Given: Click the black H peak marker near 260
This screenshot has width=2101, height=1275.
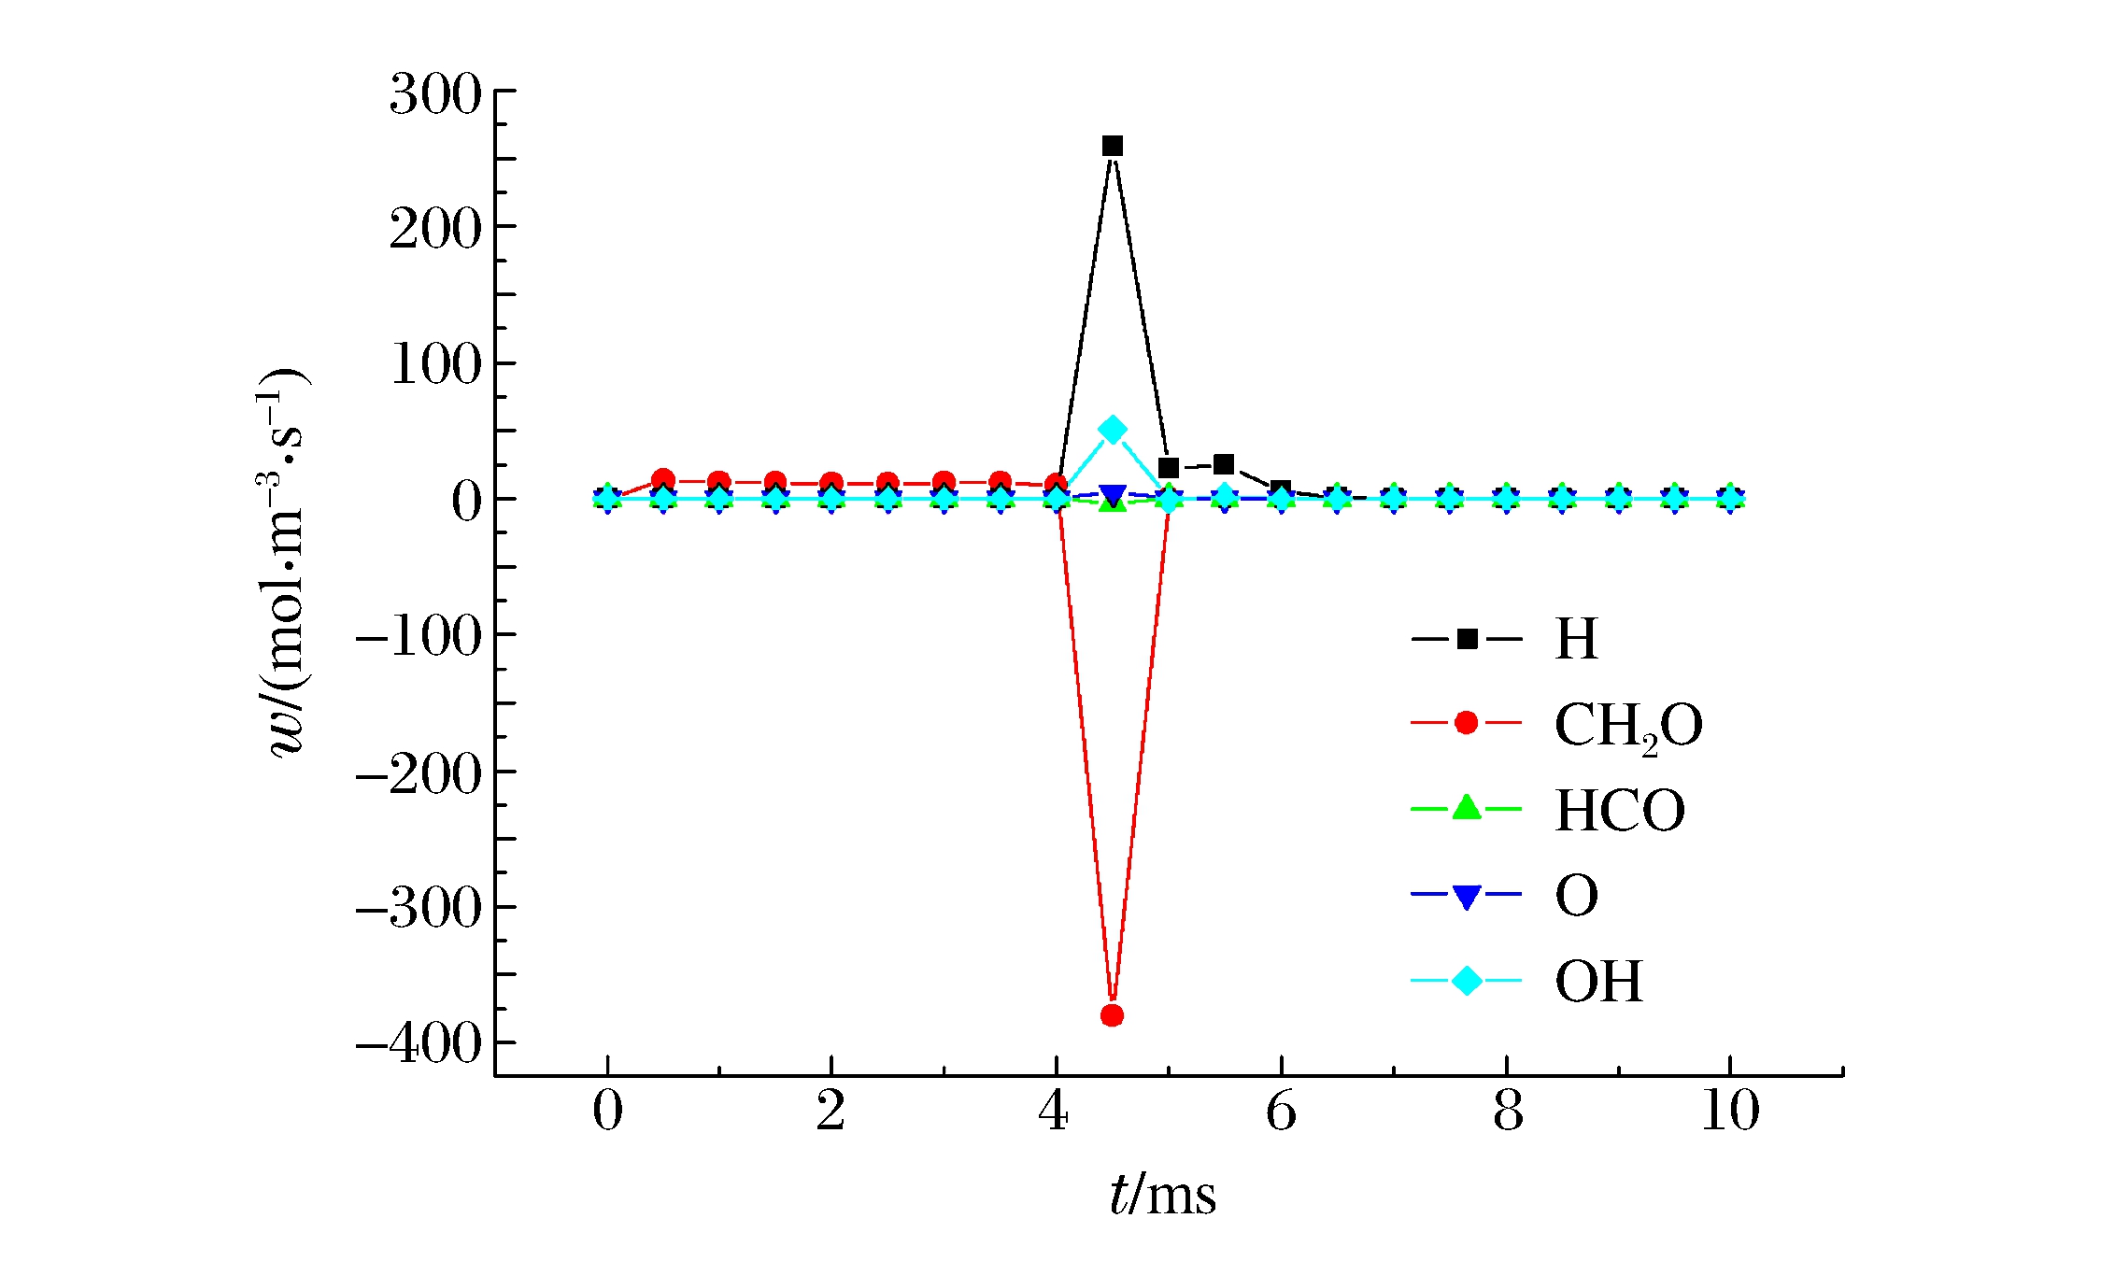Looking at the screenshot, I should click(1112, 146).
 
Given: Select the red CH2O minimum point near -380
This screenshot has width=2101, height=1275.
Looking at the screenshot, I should click(1112, 1015).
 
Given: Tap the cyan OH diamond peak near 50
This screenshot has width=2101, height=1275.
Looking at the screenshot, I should click(1112, 430).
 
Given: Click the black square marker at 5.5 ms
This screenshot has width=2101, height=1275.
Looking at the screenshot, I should click(1224, 464).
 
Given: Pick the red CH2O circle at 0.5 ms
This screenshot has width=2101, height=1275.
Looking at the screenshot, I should click(663, 480).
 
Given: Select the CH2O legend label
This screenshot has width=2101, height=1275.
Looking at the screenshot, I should click(1627, 725).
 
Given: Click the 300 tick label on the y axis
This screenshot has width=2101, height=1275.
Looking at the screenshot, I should click(435, 94).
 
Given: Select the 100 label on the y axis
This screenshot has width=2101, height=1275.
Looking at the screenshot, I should click(435, 364).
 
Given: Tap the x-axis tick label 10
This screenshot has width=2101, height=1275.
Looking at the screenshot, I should click(1729, 1112).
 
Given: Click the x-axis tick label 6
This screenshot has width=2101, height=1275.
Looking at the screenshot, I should click(1281, 1112).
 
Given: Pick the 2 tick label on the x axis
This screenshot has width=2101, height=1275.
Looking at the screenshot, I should click(830, 1112).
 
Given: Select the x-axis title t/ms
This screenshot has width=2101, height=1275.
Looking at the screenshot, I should click(1163, 1195).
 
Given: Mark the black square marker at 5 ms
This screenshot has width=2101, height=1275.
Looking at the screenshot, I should click(1168, 468).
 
